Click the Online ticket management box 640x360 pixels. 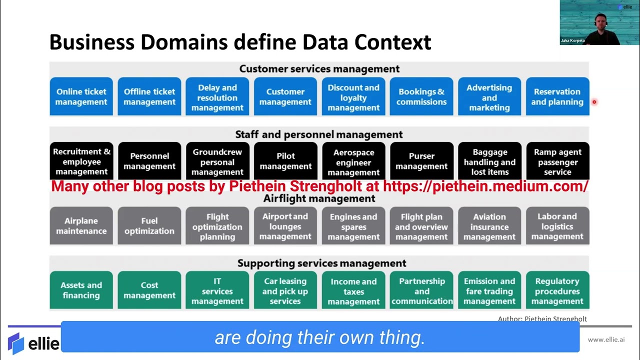[81, 96]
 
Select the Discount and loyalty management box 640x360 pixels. [353, 97]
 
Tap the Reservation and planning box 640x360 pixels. [557, 96]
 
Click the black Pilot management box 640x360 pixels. [285, 161]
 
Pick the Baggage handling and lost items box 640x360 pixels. [489, 161]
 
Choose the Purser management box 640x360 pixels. [421, 161]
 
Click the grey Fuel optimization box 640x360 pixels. [149, 226]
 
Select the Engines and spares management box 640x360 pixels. [353, 226]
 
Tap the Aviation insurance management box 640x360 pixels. [489, 226]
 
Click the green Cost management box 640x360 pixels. [149, 290]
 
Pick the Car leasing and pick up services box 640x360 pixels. [285, 290]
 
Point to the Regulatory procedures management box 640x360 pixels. [557, 290]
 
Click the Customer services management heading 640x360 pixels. [319, 69]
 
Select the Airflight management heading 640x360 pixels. [319, 198]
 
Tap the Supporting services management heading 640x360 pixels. [321, 263]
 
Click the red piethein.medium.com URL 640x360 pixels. [485, 186]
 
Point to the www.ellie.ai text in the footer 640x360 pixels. [606, 339]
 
